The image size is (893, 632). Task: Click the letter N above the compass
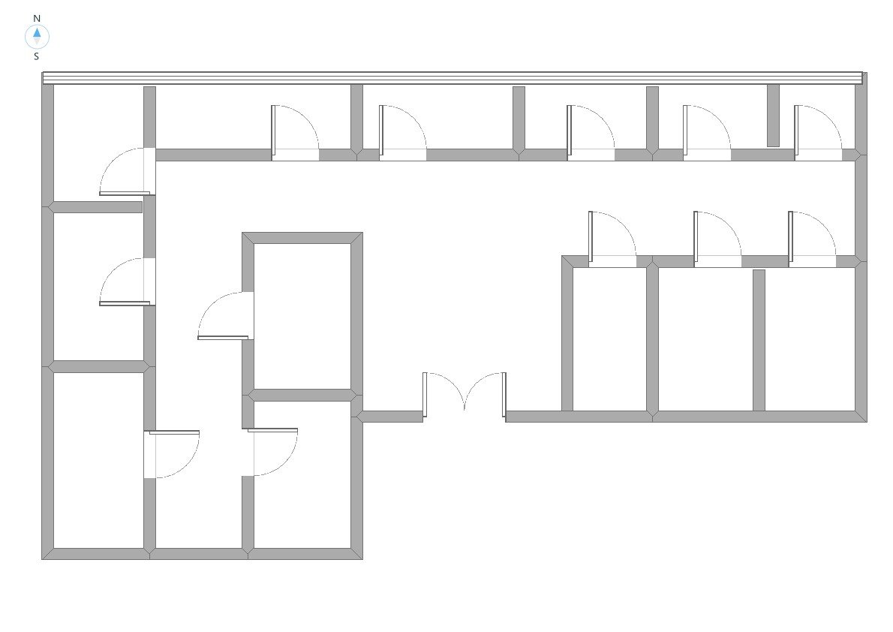point(37,18)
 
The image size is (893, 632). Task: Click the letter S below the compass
point(36,56)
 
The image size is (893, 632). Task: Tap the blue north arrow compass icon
point(37,36)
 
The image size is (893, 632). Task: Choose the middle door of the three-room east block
point(717,239)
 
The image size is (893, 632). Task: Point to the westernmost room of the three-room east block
point(609,338)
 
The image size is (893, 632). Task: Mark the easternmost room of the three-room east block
point(810,338)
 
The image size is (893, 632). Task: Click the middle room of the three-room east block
point(705,338)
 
